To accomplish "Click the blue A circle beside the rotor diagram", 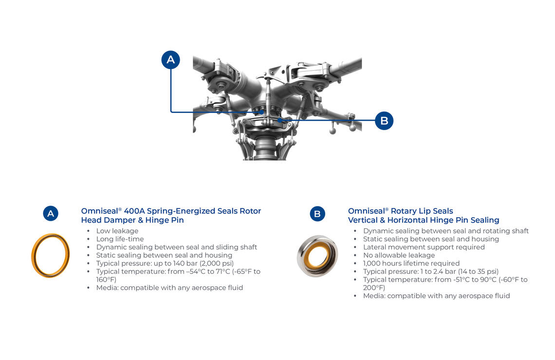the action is point(170,59).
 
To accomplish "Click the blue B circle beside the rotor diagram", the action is point(384,121).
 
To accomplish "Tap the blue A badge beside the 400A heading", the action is point(51,214).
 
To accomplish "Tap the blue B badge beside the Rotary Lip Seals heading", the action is point(317,214).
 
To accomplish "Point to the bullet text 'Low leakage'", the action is point(117,231).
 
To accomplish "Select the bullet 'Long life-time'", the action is point(120,239).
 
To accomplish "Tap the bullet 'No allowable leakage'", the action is point(399,255).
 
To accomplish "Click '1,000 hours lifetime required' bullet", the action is point(411,263).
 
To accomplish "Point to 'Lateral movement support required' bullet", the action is point(424,247).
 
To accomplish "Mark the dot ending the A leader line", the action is point(261,112).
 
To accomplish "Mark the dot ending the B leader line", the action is point(279,120).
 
